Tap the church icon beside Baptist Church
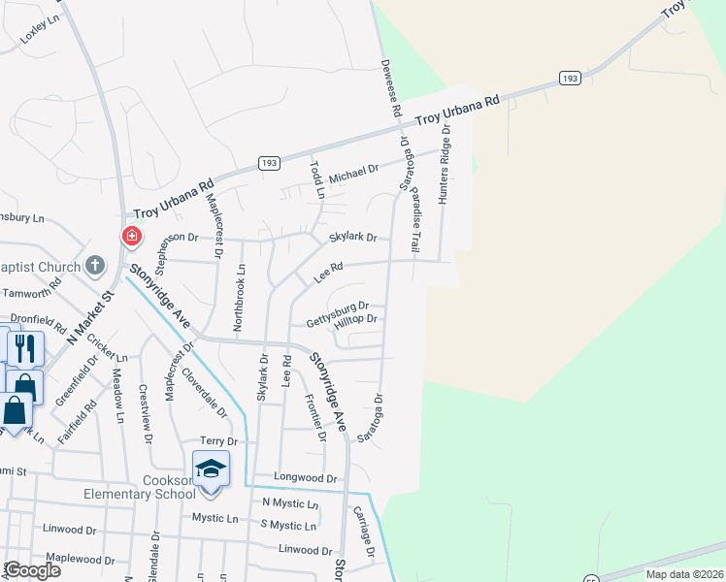(94, 264)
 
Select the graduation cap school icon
(211, 469)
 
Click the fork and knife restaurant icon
(25, 348)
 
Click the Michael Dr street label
(352, 174)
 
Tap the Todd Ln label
(315, 178)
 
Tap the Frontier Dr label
(315, 417)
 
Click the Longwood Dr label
(305, 478)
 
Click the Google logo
(31, 570)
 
